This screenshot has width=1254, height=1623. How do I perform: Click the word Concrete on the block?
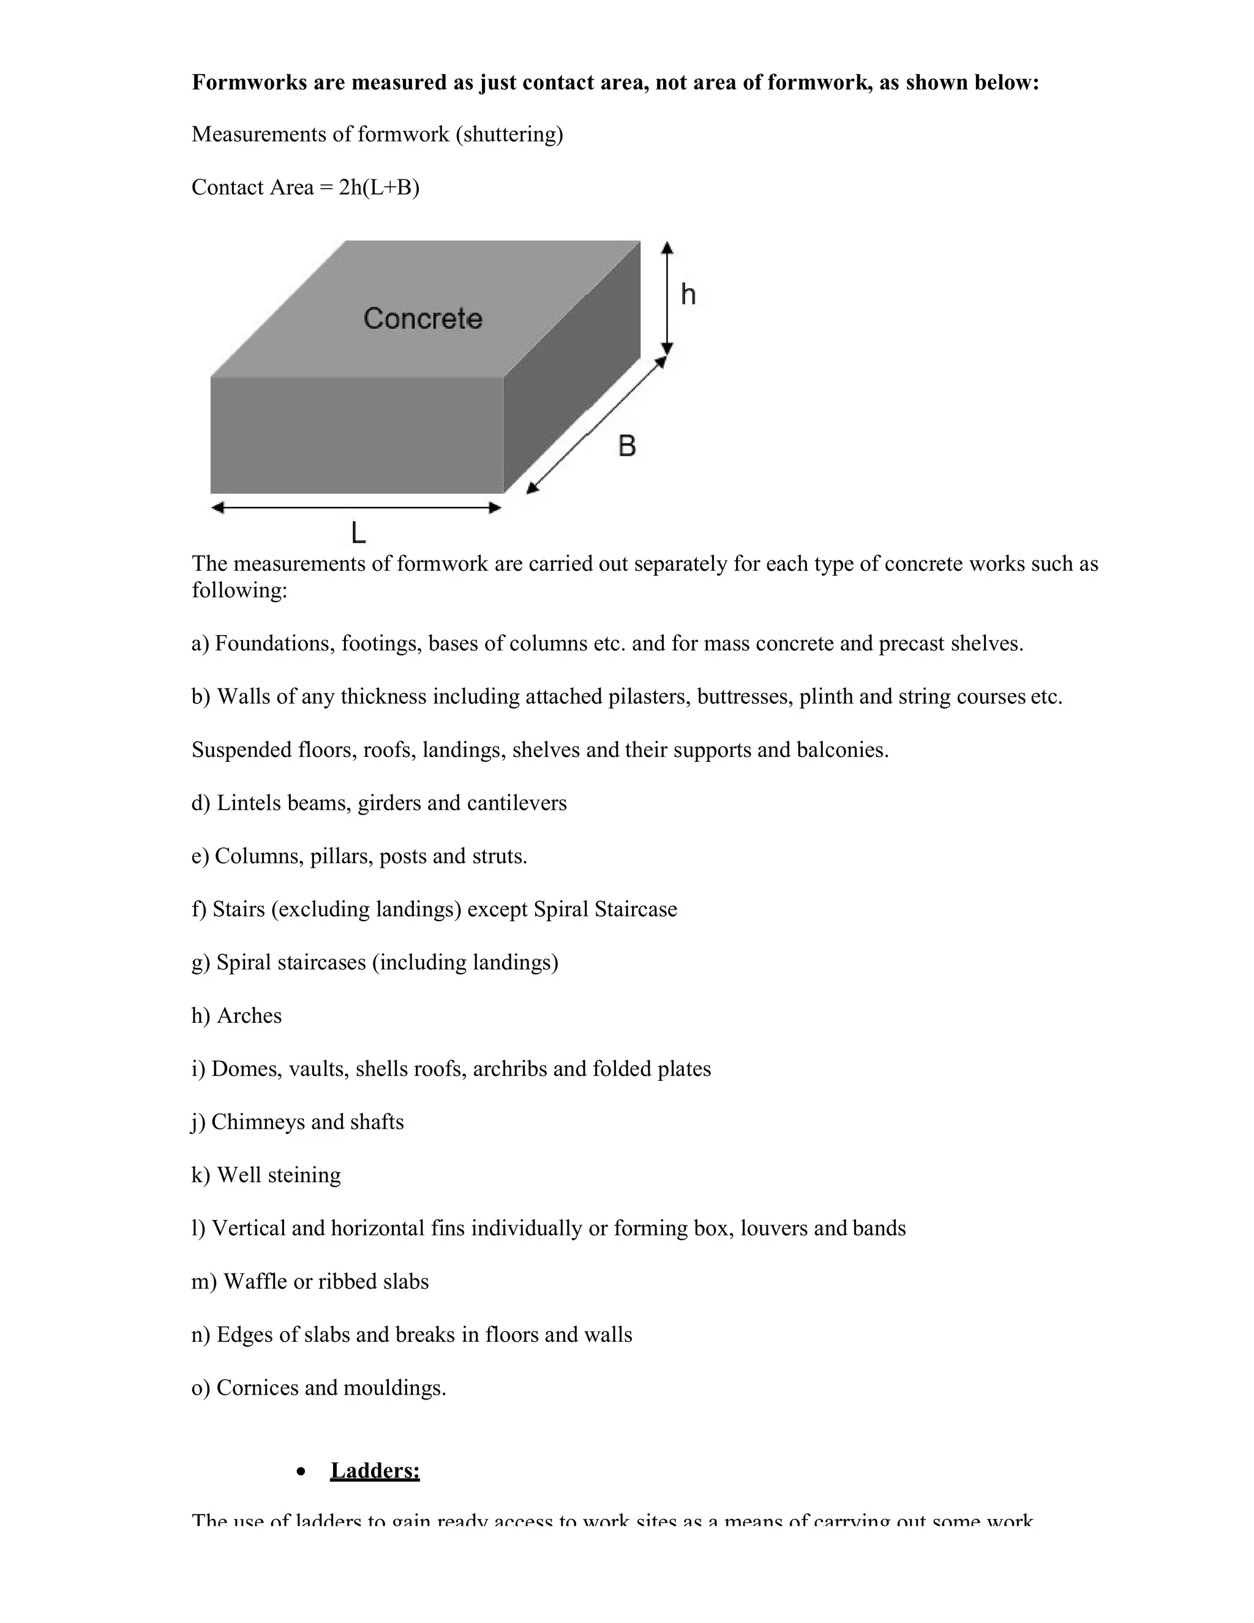422,319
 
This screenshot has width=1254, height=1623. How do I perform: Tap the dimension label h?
688,295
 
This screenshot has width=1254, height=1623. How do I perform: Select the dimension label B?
627,446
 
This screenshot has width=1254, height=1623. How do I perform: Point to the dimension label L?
358,533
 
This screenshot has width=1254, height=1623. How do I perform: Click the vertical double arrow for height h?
667,297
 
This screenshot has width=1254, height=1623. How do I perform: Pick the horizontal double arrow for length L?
356,508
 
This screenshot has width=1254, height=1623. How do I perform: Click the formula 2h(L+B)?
379,187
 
